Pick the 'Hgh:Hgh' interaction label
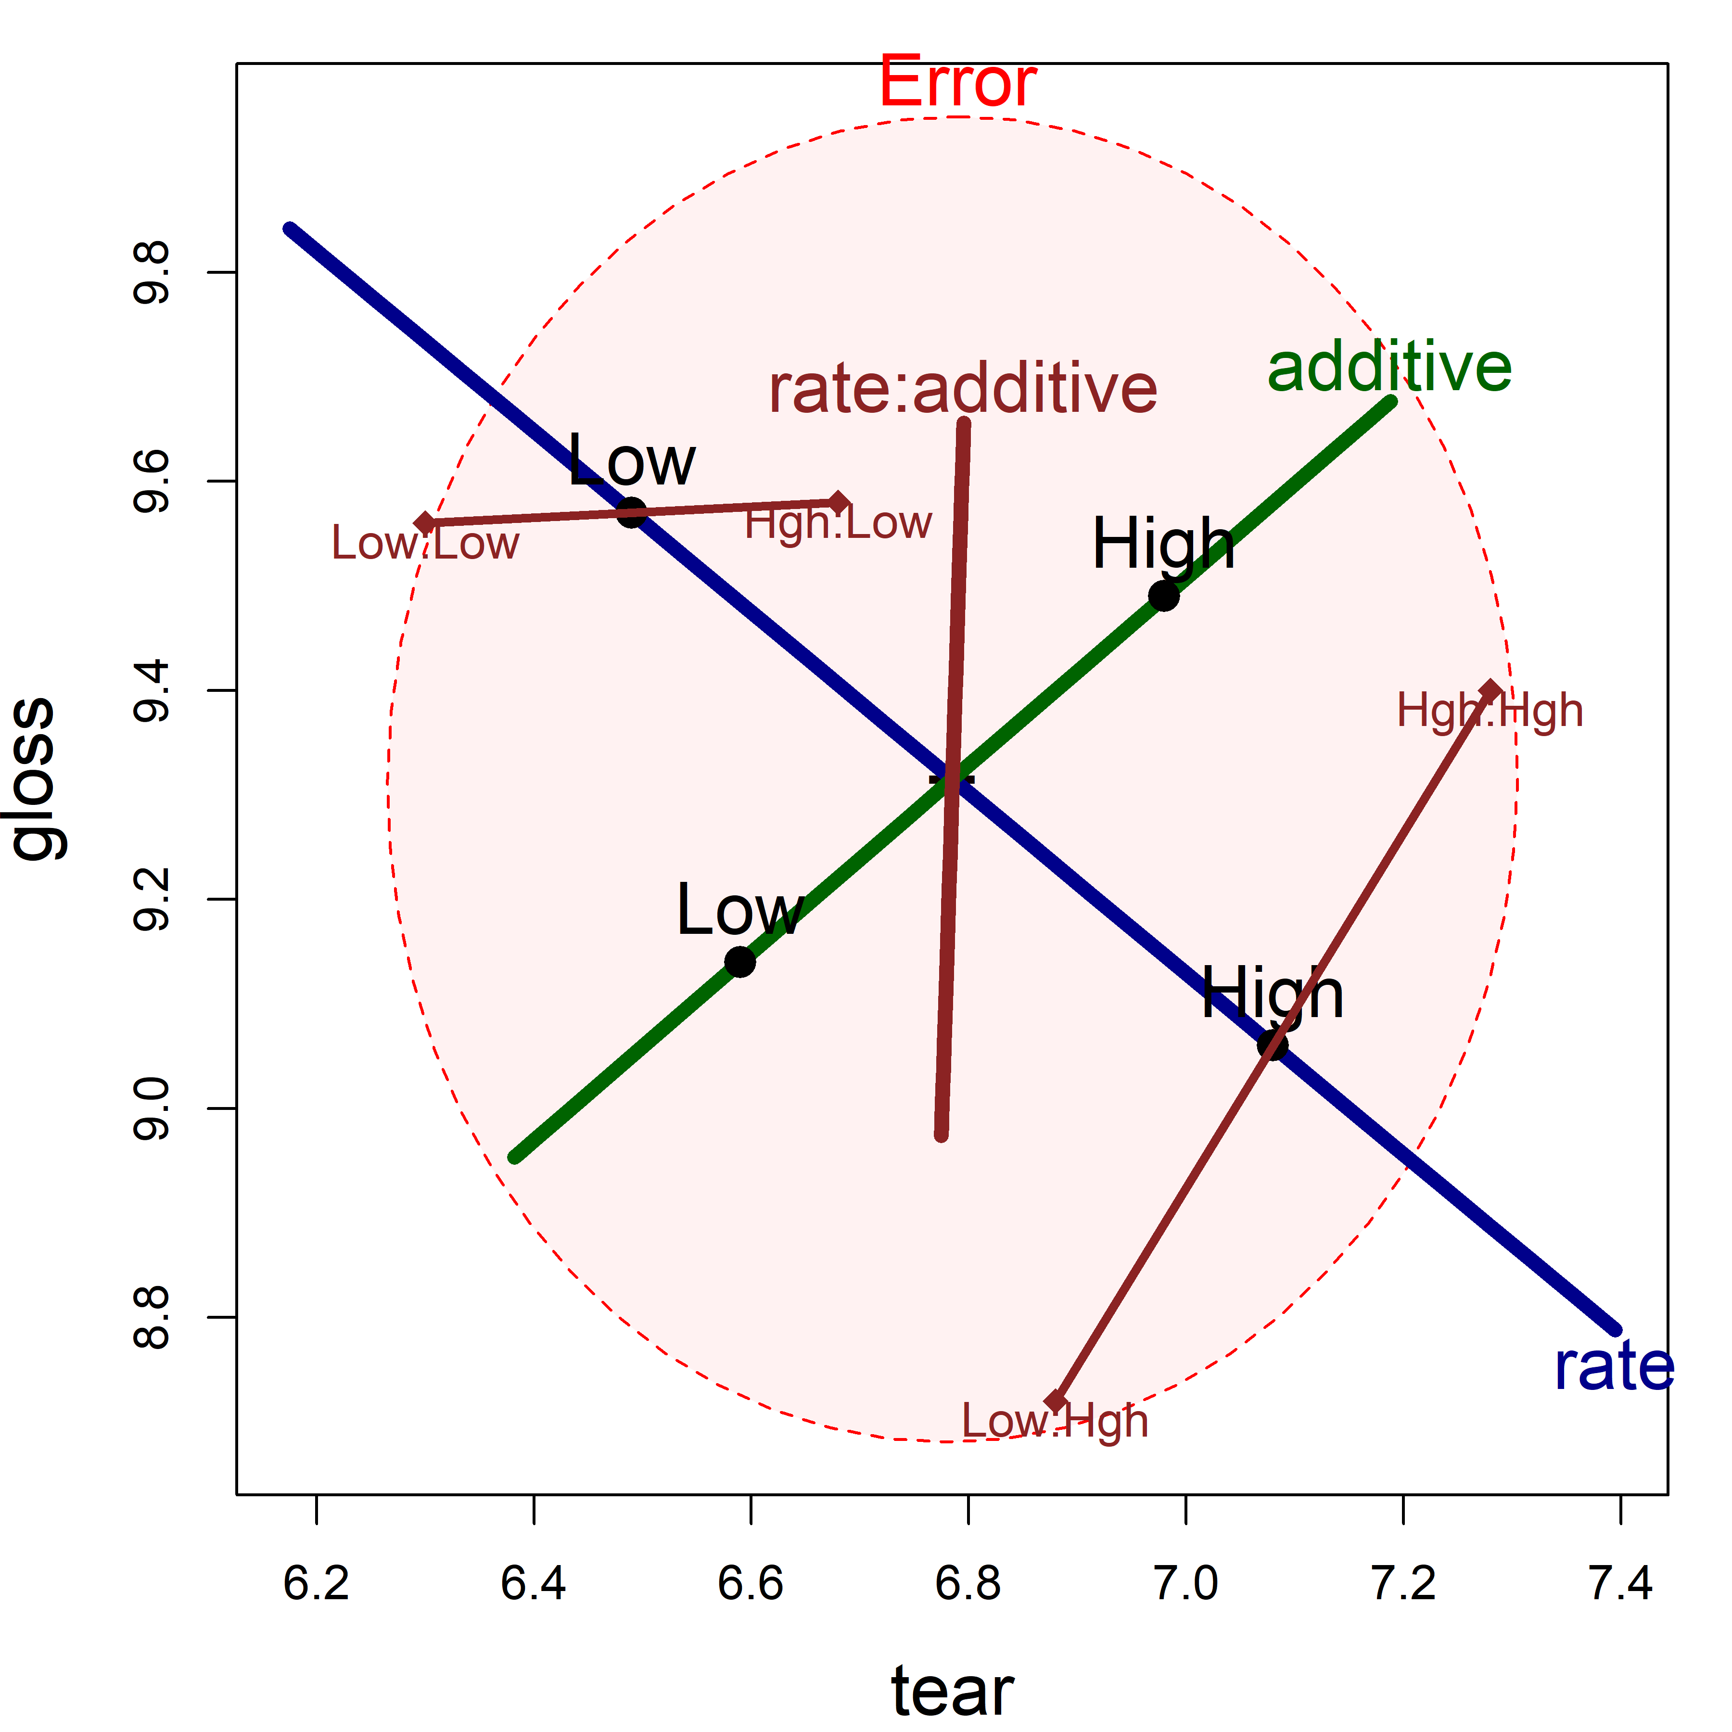tap(1490, 711)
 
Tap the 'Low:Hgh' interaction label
tap(1055, 1422)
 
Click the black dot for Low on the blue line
tap(632, 513)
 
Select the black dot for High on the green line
tap(1164, 595)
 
